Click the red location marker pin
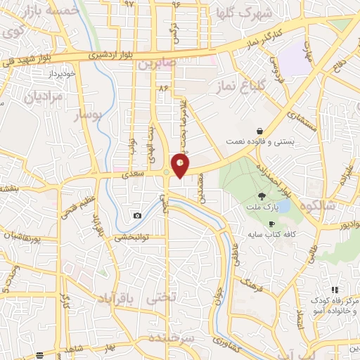[x=181, y=166]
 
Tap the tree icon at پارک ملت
[x=262, y=197]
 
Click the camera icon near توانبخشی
[x=137, y=215]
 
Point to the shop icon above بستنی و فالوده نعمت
[x=260, y=131]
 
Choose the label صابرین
[x=155, y=64]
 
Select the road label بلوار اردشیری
[x=115, y=54]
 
